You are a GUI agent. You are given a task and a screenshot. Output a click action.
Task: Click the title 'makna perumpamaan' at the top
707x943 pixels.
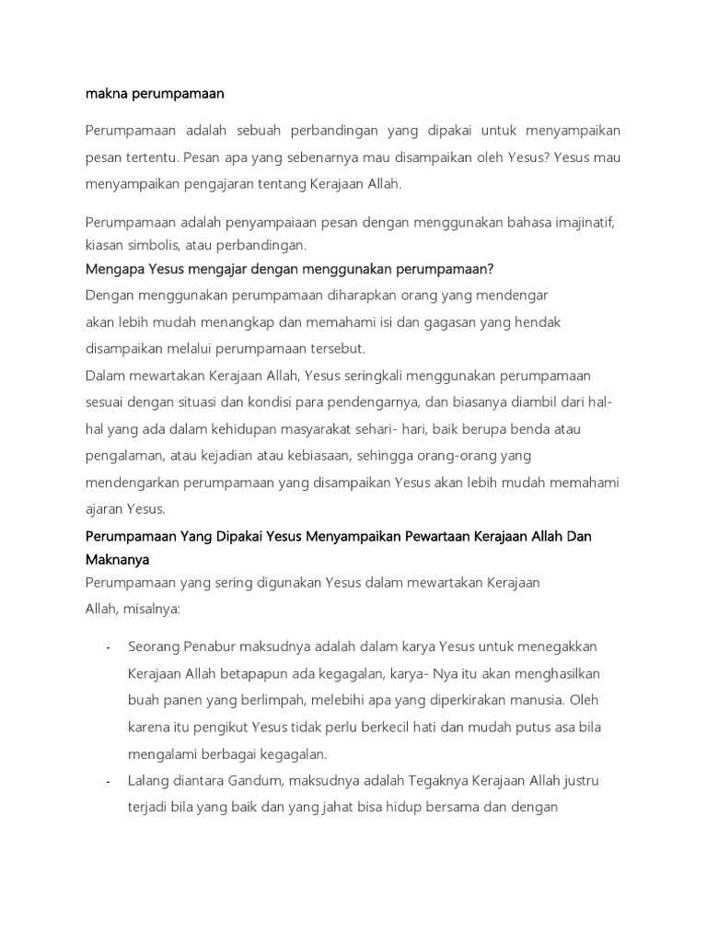coord(155,93)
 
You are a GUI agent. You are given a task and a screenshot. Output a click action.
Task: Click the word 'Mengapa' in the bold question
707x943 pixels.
coord(115,269)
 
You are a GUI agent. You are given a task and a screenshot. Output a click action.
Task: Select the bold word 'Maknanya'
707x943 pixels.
coord(117,559)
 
